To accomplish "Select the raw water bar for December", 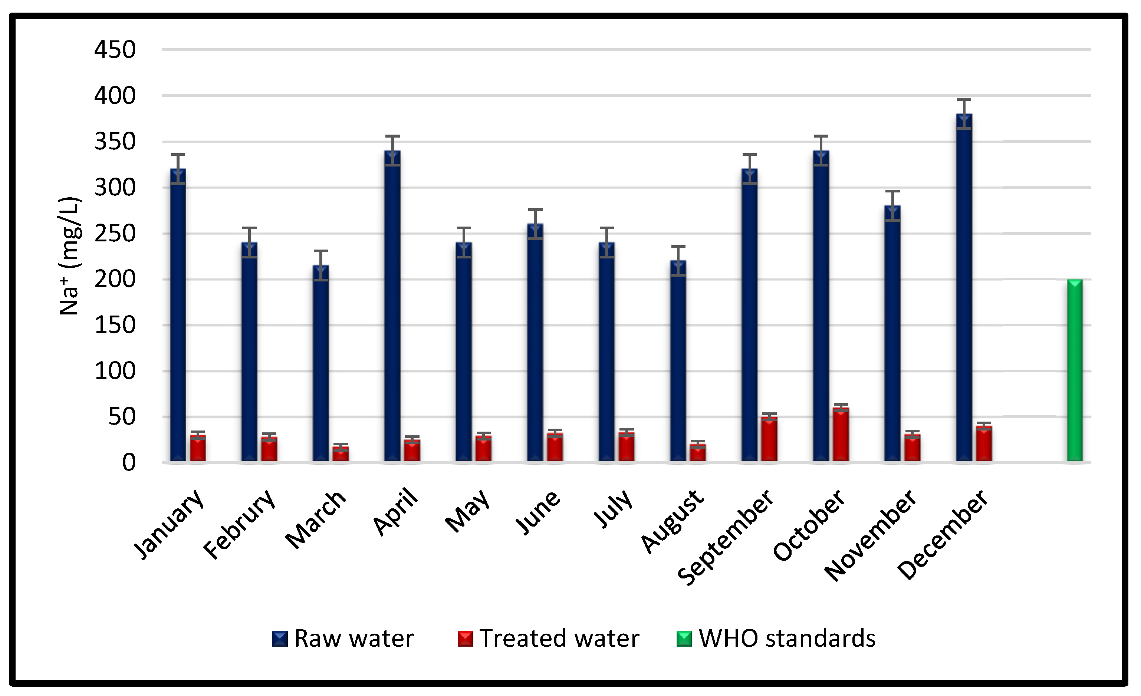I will [964, 287].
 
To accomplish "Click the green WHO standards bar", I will [1075, 370].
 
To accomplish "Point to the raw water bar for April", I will [392, 306].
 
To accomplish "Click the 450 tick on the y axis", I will [115, 50].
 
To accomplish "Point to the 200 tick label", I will [115, 279].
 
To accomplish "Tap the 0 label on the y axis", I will [129, 463].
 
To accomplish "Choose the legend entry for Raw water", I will [343, 639].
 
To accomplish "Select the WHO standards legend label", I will [787, 639].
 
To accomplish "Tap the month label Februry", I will [240, 524].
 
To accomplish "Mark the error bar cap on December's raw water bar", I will [964, 99].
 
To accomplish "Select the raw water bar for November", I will [892, 333].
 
